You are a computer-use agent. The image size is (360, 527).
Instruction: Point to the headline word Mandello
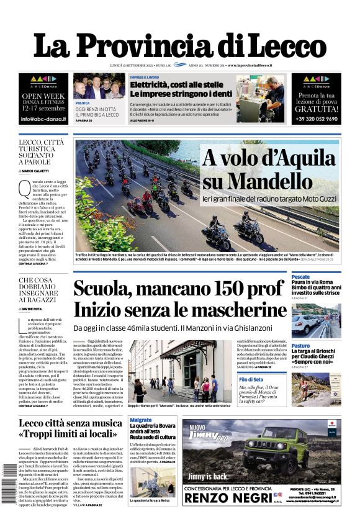268,181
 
